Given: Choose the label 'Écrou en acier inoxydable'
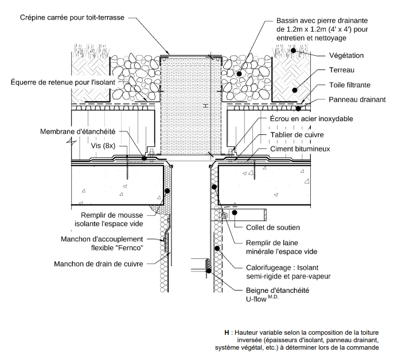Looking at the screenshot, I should (x=311, y=119).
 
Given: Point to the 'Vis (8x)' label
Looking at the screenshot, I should (x=104, y=146).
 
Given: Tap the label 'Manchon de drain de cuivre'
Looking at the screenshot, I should (x=99, y=264).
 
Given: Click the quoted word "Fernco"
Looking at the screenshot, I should (x=129, y=247).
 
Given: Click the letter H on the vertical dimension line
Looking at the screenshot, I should (x=204, y=106).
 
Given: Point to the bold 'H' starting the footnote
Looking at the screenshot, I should (x=227, y=333).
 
